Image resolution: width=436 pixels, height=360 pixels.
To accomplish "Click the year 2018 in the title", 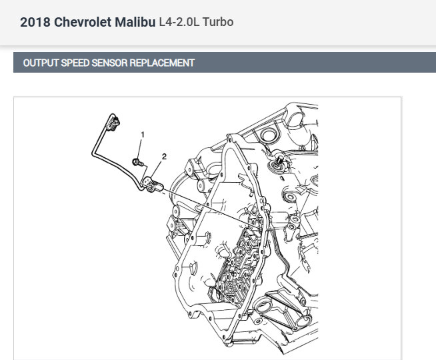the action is coord(35,22).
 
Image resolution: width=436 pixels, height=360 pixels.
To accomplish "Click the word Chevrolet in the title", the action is coord(82,22).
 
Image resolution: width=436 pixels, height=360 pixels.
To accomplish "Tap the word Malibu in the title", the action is coord(135,22).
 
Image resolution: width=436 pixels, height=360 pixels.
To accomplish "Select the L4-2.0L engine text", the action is coord(179,22).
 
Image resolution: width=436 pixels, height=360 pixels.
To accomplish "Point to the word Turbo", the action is coord(218,22).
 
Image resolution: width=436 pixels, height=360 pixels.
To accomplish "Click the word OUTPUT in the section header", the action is coord(41,63).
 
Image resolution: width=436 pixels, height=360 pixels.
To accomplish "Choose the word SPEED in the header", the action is coord(75,63).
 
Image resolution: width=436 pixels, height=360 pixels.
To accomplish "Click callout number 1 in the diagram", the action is coord(143,135).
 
